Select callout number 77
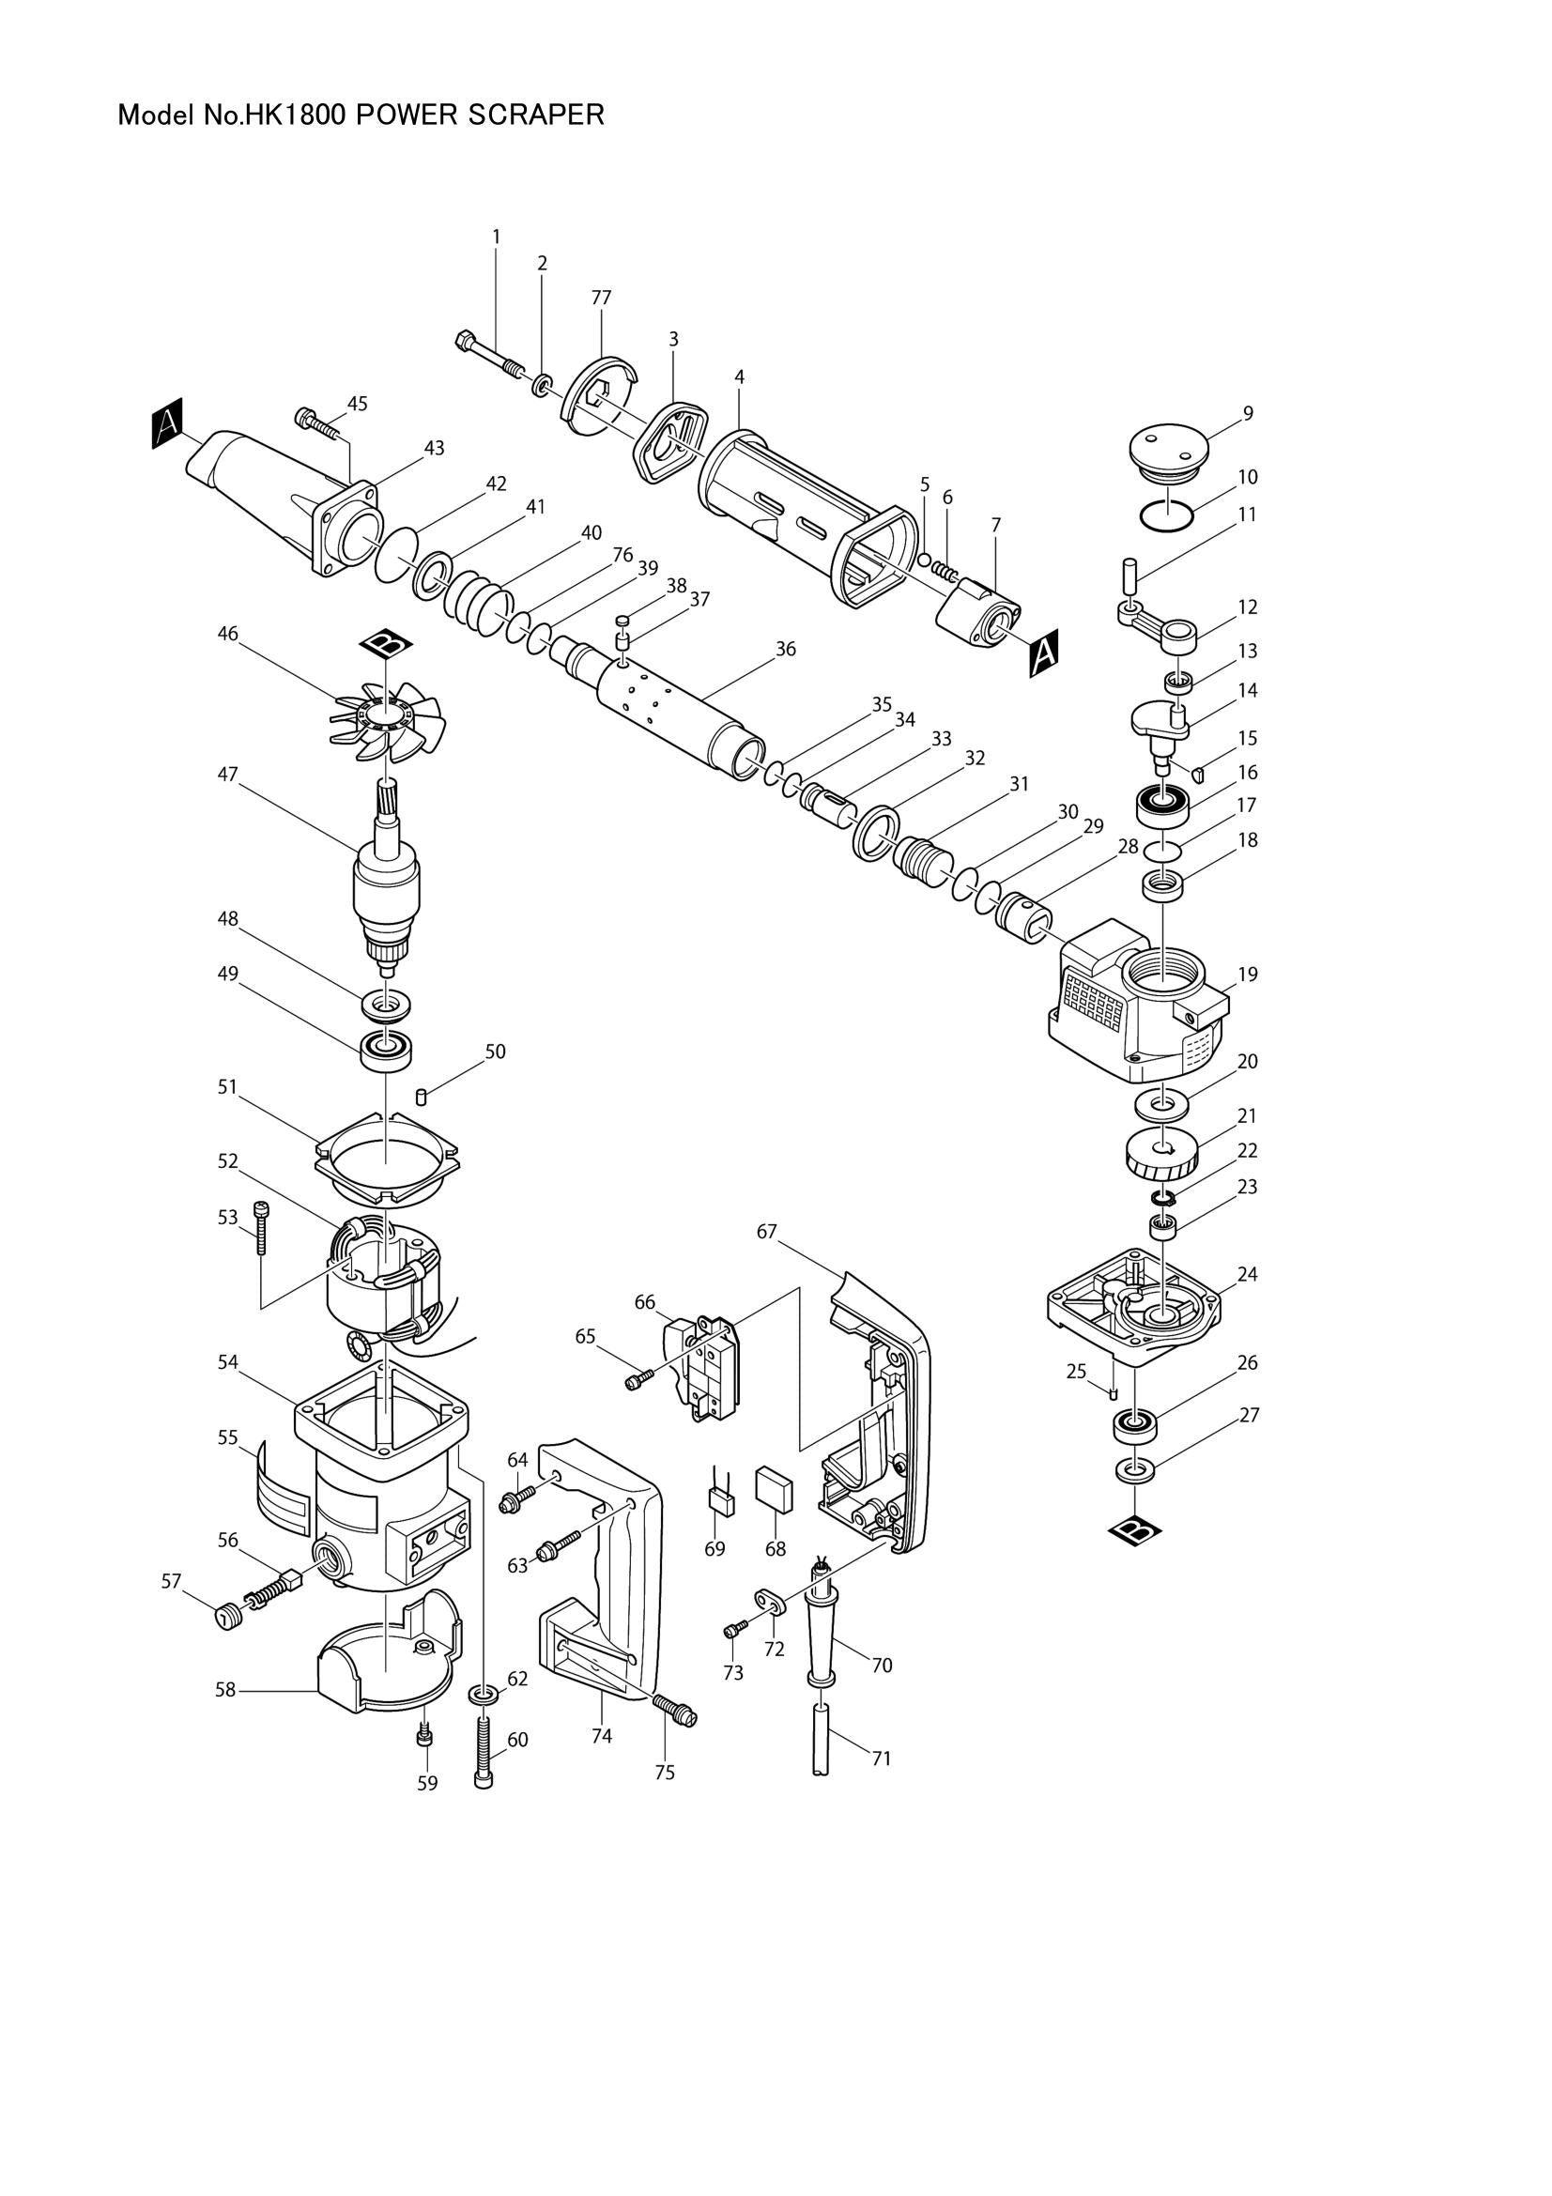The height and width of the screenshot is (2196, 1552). tap(601, 298)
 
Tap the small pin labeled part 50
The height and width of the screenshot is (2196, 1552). tap(423, 1094)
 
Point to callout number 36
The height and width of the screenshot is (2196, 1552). tap(785, 650)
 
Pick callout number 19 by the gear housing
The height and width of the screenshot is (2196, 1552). tap(1248, 975)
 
